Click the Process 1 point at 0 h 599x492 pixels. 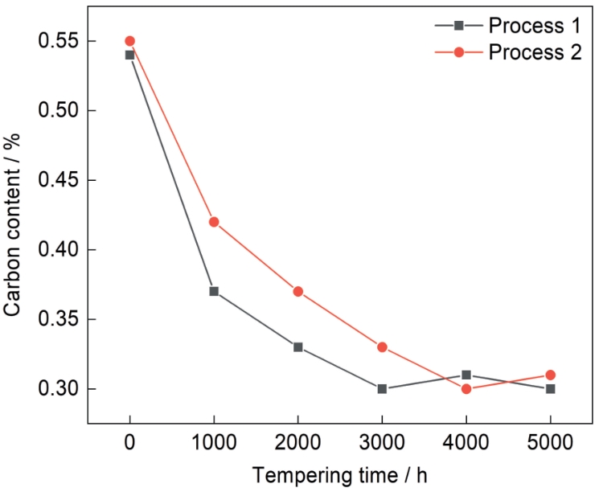[x=129, y=55]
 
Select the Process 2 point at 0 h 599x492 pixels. [x=129, y=41]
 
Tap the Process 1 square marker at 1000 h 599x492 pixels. [x=214, y=291]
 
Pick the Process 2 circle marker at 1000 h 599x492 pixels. [x=214, y=222]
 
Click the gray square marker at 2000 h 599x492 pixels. [x=297, y=347]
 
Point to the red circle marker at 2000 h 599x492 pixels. [x=297, y=291]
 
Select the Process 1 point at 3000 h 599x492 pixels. [x=382, y=389]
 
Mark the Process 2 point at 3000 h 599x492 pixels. [x=382, y=347]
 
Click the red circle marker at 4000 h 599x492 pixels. [x=466, y=389]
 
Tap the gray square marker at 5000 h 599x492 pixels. [x=550, y=389]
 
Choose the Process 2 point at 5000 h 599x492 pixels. [x=550, y=375]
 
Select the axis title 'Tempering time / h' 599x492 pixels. [x=339, y=475]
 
